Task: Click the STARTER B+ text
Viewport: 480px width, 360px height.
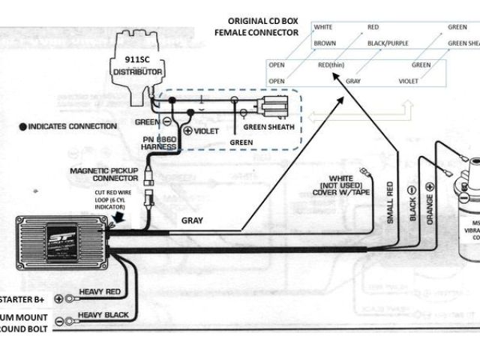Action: tap(22, 298)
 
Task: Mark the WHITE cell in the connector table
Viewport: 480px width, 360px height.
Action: tap(323, 27)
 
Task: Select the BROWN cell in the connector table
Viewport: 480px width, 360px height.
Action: tap(324, 43)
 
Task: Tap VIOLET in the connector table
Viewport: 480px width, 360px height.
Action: tap(409, 79)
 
